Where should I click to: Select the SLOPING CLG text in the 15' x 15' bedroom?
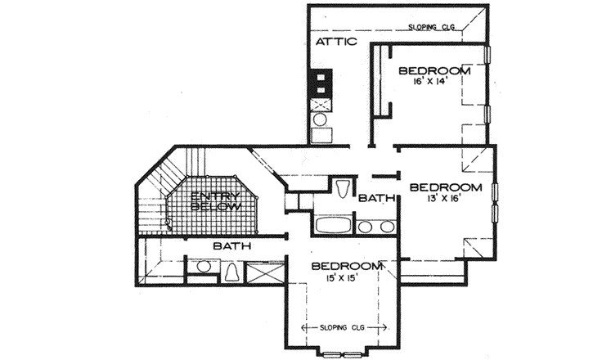click(344, 327)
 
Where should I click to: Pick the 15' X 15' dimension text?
click(344, 281)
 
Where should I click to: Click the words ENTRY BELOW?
click(216, 201)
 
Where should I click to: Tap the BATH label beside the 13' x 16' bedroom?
click(377, 198)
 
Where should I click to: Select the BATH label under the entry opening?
click(231, 245)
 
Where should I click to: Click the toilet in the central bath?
click(344, 187)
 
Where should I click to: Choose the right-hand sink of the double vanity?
click(384, 226)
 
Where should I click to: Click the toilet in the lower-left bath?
click(232, 271)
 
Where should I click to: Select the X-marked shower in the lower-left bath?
click(265, 272)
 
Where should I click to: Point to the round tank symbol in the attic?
click(321, 122)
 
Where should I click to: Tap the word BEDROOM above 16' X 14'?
click(434, 71)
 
